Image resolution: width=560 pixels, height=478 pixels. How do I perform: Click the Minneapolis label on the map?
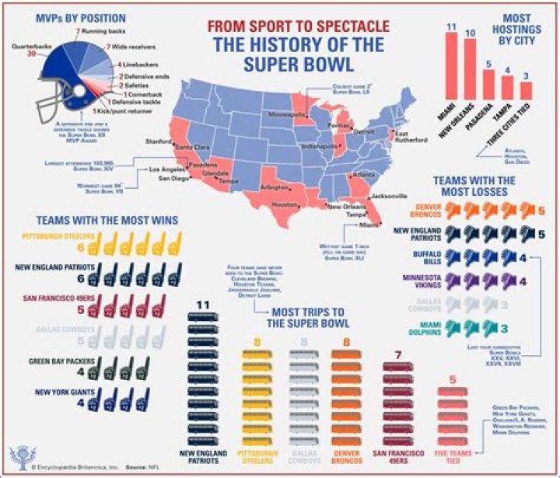pyautogui.click(x=285, y=113)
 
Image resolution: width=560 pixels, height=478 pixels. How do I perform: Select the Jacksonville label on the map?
pyautogui.click(x=392, y=197)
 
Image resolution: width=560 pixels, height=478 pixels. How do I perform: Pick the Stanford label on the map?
pyautogui.click(x=159, y=142)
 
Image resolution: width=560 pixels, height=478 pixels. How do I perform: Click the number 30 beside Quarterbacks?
pyautogui.click(x=32, y=54)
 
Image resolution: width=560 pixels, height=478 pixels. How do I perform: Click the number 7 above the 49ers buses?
pyautogui.click(x=398, y=354)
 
